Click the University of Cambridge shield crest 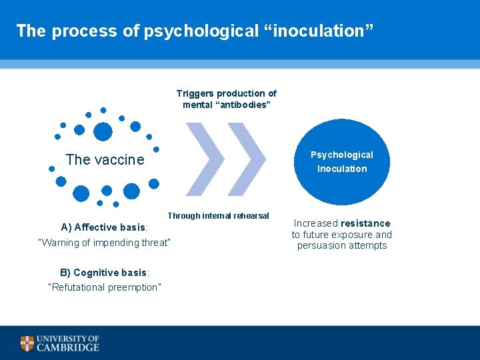pos(27,343)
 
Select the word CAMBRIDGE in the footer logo pos(68,347)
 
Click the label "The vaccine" pos(105,159)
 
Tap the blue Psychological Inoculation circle pos(342,162)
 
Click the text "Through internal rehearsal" pos(218,216)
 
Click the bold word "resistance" pos(365,223)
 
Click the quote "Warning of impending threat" pos(105,243)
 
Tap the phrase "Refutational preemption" pos(105,287)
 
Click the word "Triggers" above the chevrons pos(194,93)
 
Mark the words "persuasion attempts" pos(341,245)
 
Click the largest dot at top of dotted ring pos(103,132)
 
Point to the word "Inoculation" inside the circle pos(342,169)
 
